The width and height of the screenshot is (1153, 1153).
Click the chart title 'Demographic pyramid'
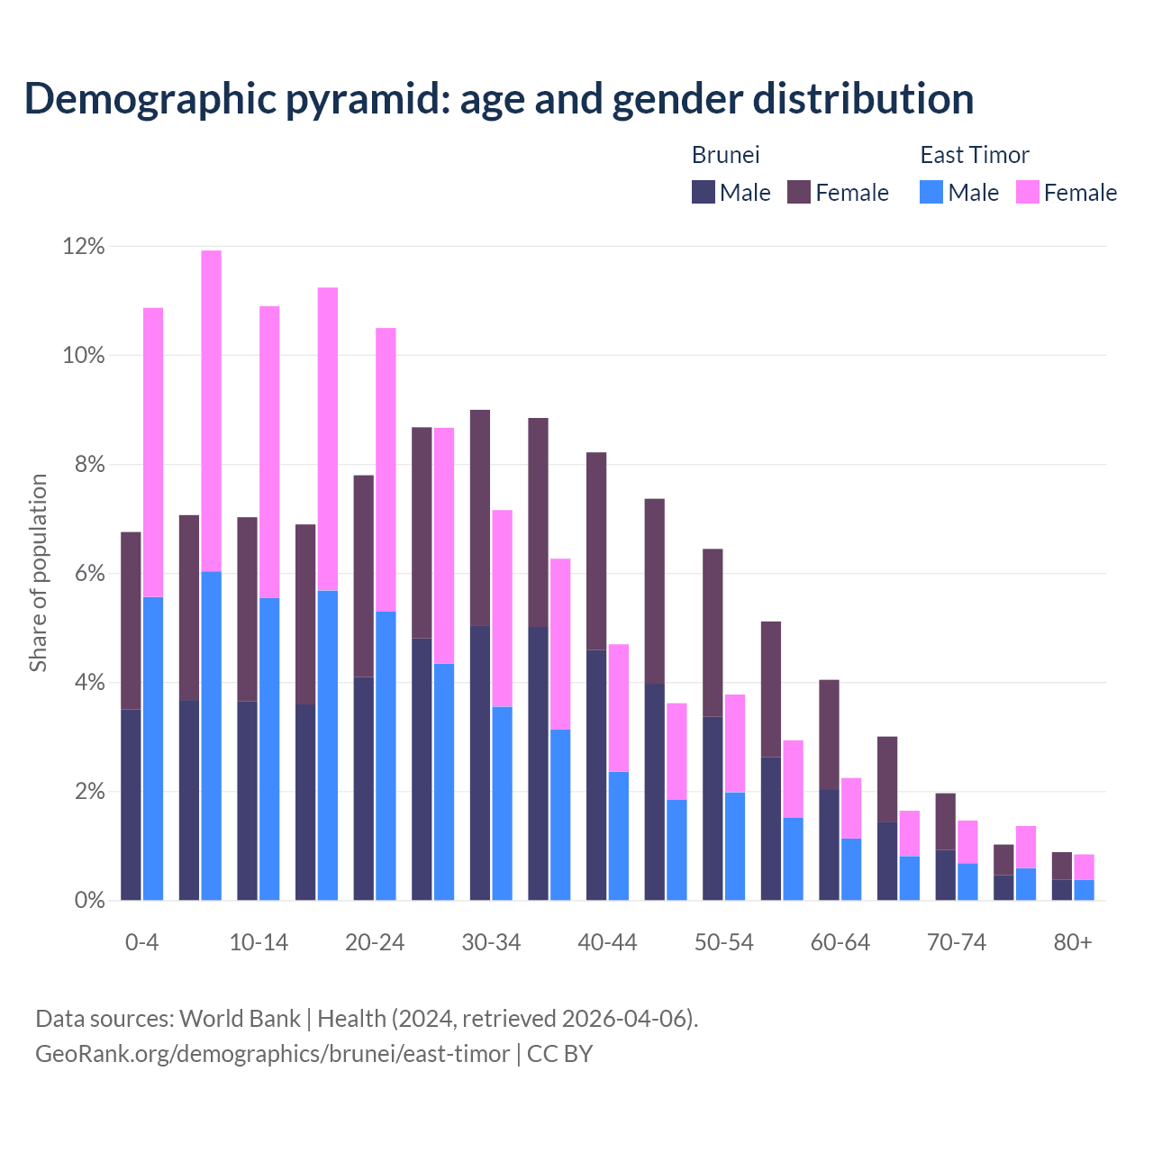click(498, 98)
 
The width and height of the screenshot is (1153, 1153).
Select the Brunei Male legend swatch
click(704, 192)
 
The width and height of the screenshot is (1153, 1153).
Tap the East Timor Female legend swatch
click(1027, 192)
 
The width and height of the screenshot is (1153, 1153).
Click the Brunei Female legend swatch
click(799, 192)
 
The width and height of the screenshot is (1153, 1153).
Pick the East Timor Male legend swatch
click(931, 192)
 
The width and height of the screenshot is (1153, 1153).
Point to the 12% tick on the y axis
click(84, 246)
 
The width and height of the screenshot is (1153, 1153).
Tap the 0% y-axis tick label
click(89, 900)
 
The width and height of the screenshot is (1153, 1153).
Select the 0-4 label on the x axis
click(142, 942)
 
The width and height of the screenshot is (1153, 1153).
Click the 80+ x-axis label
click(1073, 942)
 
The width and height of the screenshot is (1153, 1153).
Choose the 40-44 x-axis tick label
click(607, 942)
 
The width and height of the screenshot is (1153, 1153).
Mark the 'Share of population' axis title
click(38, 573)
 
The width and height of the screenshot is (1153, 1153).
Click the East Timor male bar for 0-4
click(153, 748)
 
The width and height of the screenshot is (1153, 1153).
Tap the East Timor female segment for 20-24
click(386, 469)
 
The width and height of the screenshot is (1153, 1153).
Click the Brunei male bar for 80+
click(1062, 890)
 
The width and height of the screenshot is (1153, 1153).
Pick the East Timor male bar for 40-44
click(619, 836)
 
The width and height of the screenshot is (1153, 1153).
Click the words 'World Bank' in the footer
click(240, 1019)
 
